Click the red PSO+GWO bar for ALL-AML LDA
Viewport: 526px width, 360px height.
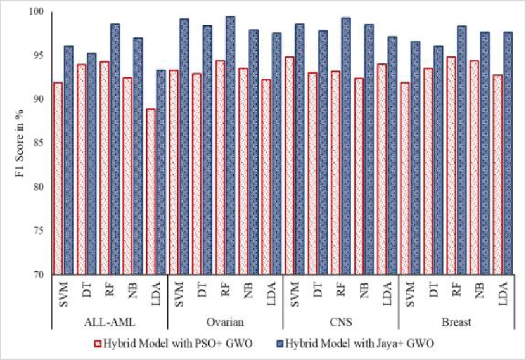[x=151, y=191]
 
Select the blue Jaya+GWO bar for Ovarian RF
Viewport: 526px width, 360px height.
[x=230, y=145]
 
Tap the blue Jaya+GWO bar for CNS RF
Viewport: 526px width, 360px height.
[x=346, y=146]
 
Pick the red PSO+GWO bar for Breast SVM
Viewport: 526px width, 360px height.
[x=404, y=179]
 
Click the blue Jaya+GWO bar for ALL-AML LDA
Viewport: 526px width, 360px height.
[x=161, y=172]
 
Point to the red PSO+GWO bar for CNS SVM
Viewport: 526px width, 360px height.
[x=289, y=166]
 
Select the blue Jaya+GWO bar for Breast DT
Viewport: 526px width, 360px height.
[x=438, y=160]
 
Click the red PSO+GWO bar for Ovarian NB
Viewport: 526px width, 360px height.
[x=243, y=172]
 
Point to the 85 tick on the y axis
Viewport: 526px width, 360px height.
[x=39, y=143]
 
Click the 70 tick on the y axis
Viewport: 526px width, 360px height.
[x=39, y=274]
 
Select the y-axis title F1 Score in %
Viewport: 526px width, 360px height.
[x=20, y=143]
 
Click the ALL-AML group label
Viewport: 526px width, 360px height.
[x=110, y=322]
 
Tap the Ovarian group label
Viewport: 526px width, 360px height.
[x=225, y=322]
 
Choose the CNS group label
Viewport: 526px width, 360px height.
[x=341, y=322]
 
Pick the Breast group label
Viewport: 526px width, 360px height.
[x=456, y=322]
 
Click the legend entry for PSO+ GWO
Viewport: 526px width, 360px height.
[x=174, y=344]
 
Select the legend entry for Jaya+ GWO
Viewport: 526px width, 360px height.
[x=356, y=344]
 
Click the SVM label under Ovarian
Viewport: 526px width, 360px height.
[x=179, y=294]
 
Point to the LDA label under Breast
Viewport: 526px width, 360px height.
[x=503, y=293]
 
